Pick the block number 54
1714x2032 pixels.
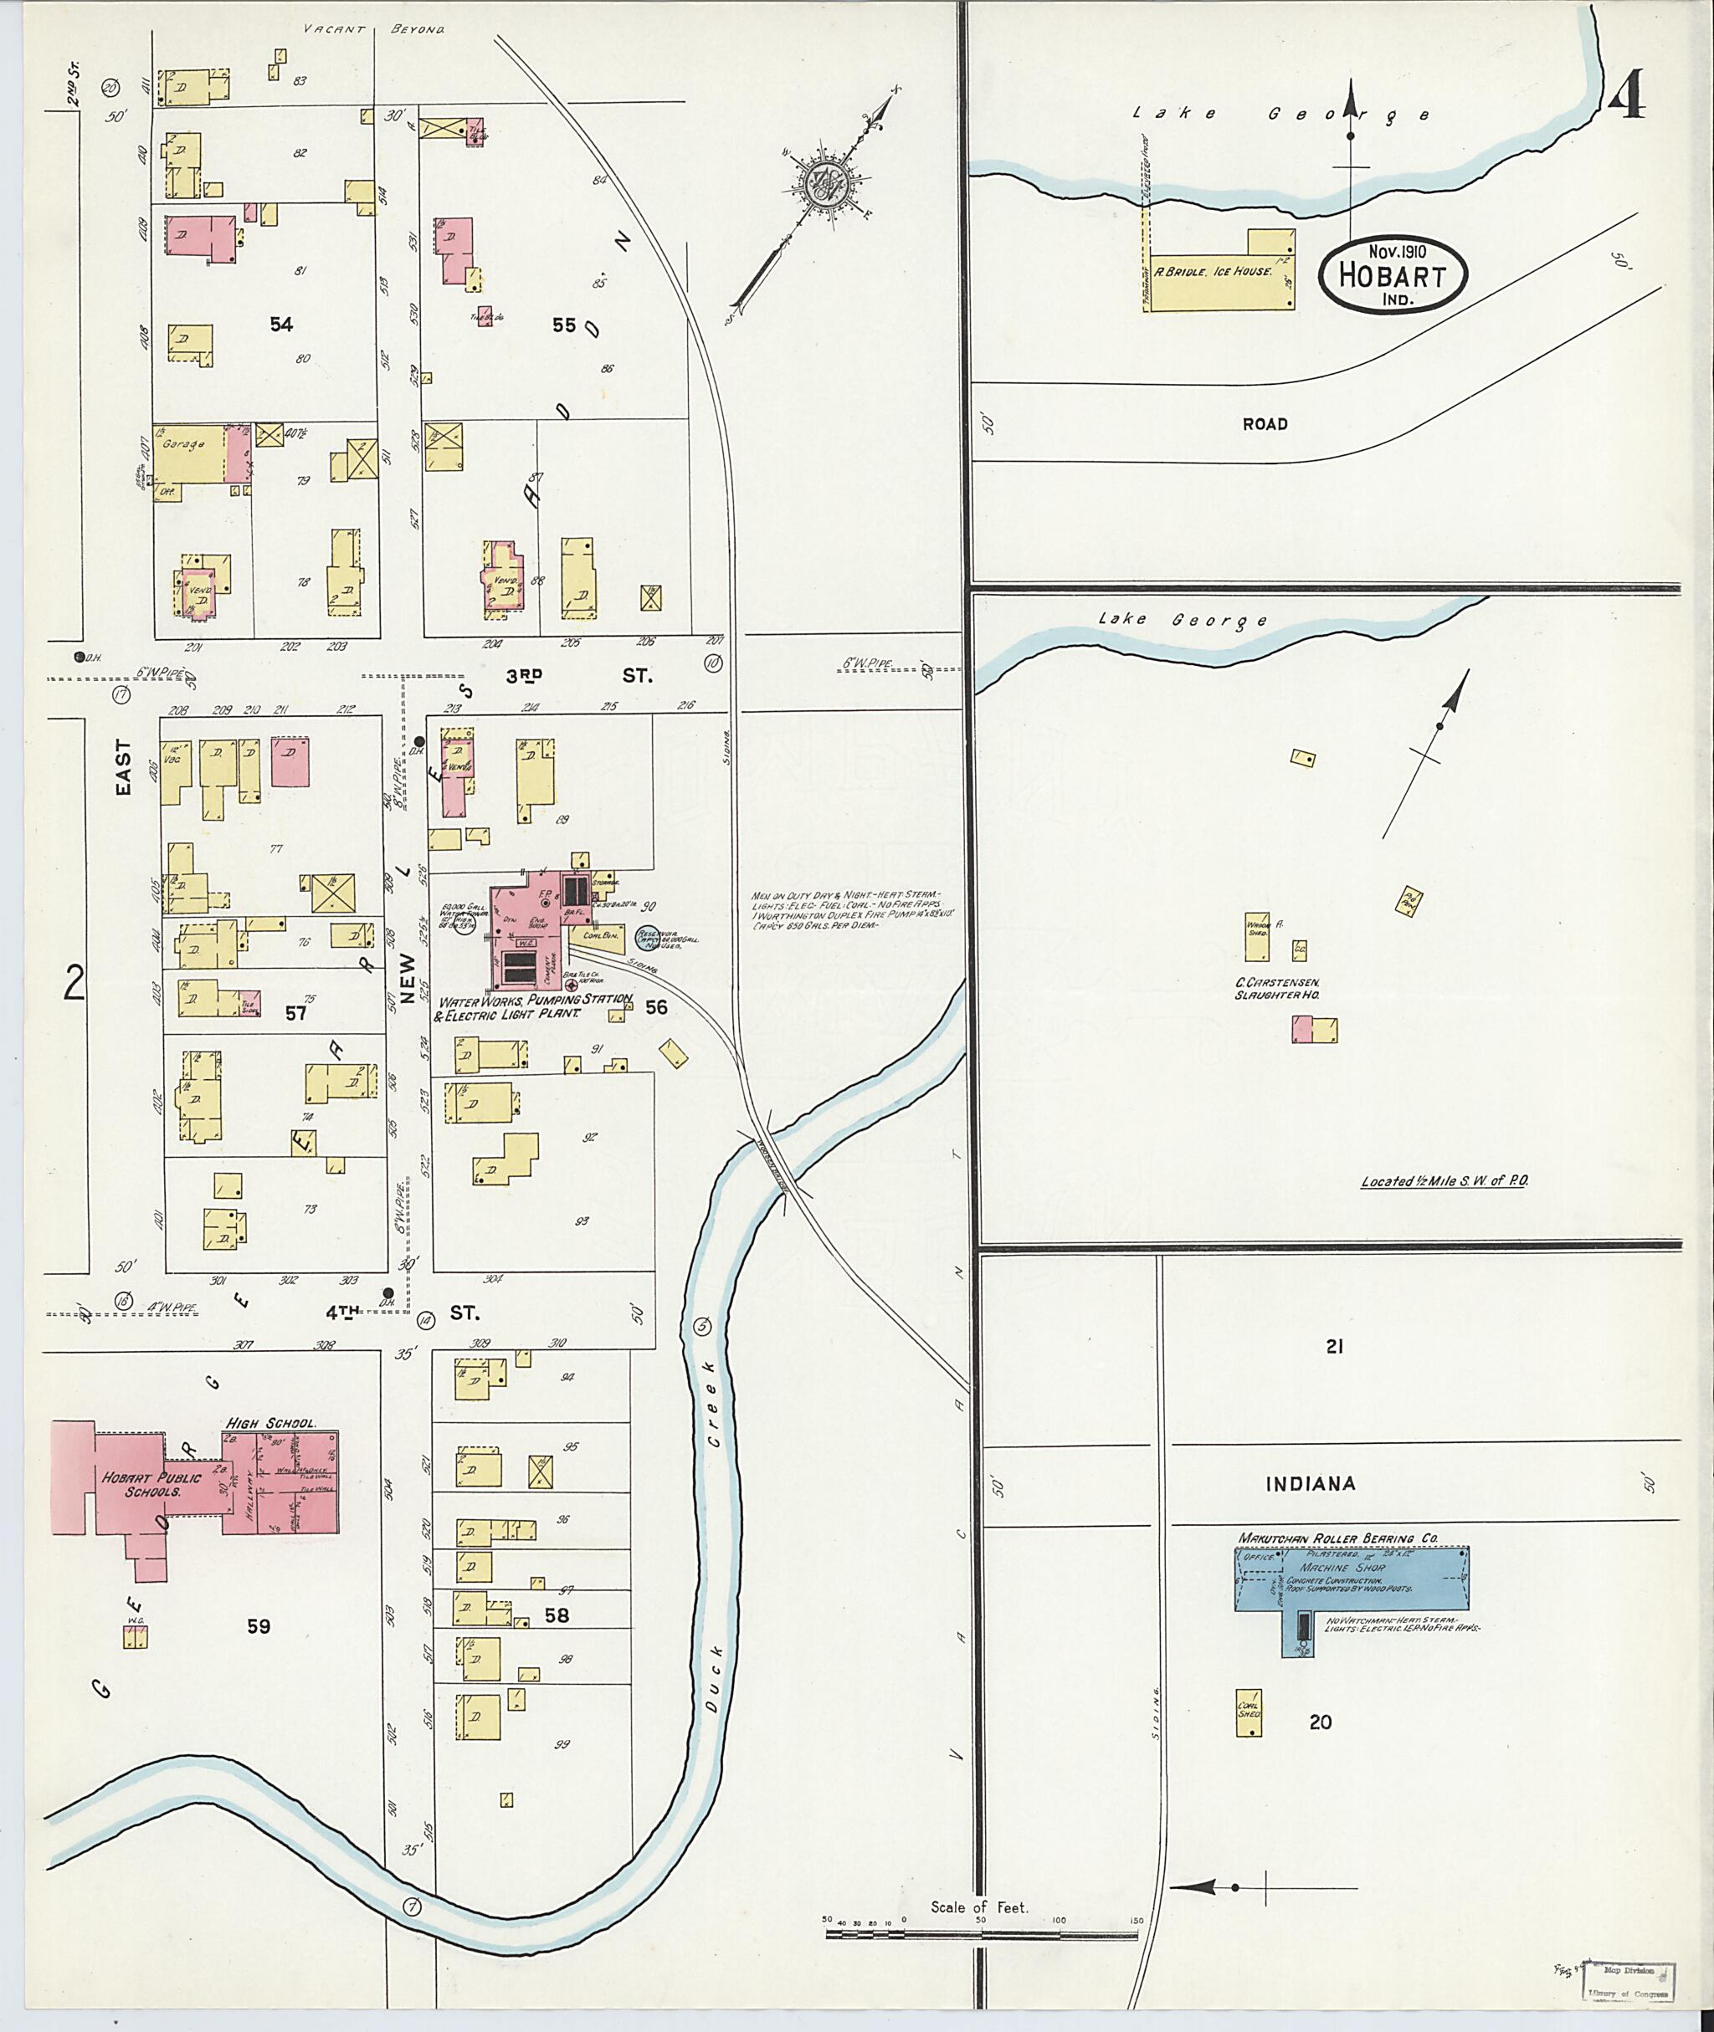[x=281, y=325]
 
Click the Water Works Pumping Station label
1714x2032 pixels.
[x=536, y=1006]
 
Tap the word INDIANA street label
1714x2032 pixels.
[x=1310, y=1484]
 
